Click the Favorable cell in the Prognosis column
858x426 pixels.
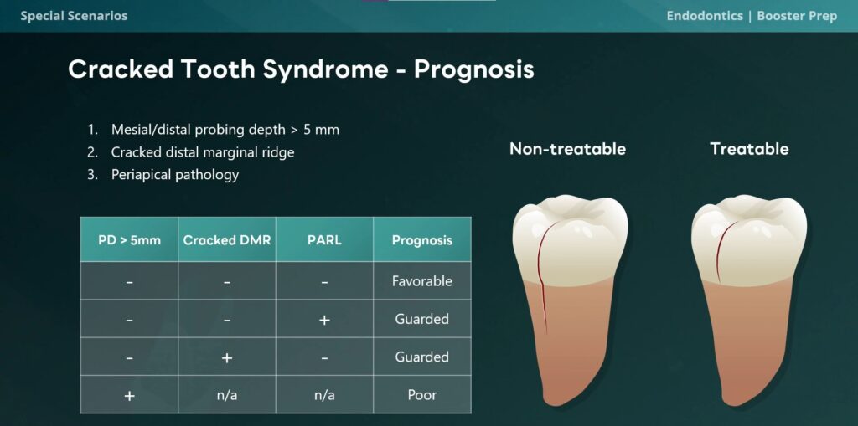click(x=422, y=281)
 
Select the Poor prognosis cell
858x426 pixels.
click(x=422, y=395)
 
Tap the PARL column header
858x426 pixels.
click(x=324, y=240)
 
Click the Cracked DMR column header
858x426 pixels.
click(x=227, y=240)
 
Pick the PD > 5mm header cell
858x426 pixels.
click(x=129, y=240)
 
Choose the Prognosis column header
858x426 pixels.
click(x=422, y=240)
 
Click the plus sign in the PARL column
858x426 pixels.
click(x=324, y=320)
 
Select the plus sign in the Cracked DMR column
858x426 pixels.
click(x=227, y=357)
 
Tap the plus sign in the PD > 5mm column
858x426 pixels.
click(x=129, y=395)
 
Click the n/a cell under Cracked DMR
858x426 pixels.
click(x=227, y=395)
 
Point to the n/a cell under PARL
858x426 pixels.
click(x=324, y=395)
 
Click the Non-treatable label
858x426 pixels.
click(x=567, y=149)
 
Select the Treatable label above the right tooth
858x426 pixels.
click(x=749, y=149)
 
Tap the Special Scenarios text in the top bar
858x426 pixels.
click(x=74, y=16)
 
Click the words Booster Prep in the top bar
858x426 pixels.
click(x=797, y=16)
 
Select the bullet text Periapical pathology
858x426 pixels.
click(x=175, y=174)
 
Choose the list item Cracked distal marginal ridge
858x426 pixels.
click(x=203, y=152)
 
